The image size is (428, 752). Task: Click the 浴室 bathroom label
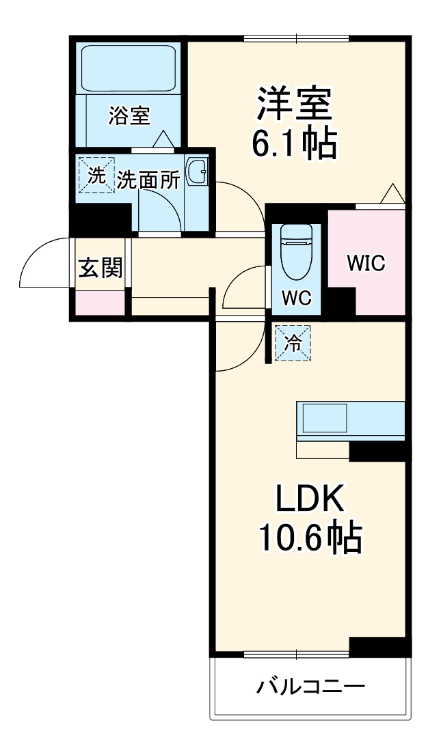click(129, 116)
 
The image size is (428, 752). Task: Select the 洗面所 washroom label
click(148, 180)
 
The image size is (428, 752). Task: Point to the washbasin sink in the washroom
click(197, 173)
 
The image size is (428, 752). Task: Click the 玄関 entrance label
click(101, 268)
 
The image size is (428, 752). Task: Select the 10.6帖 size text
click(309, 538)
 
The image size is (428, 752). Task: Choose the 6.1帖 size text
click(295, 144)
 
